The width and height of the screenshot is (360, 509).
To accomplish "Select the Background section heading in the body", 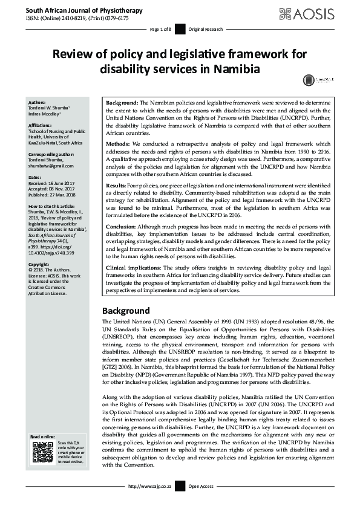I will tap(134, 310).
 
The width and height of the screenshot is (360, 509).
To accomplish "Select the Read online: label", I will tap(44, 436).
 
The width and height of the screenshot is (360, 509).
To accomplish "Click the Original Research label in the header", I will tap(206, 29).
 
